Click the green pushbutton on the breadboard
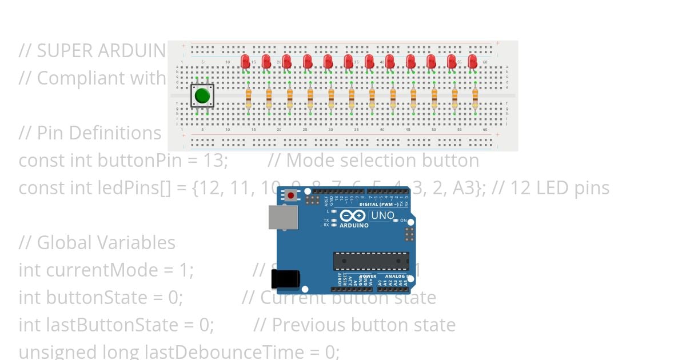(x=202, y=95)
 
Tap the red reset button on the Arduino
(x=292, y=195)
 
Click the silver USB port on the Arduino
(x=283, y=217)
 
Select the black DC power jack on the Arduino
(x=285, y=278)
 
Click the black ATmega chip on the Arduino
(x=371, y=261)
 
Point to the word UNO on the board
(x=382, y=215)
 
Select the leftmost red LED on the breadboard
(x=245, y=61)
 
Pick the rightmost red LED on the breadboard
(x=472, y=61)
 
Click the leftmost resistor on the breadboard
(x=248, y=98)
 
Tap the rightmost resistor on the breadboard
(x=475, y=98)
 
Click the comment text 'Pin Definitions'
(x=99, y=133)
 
